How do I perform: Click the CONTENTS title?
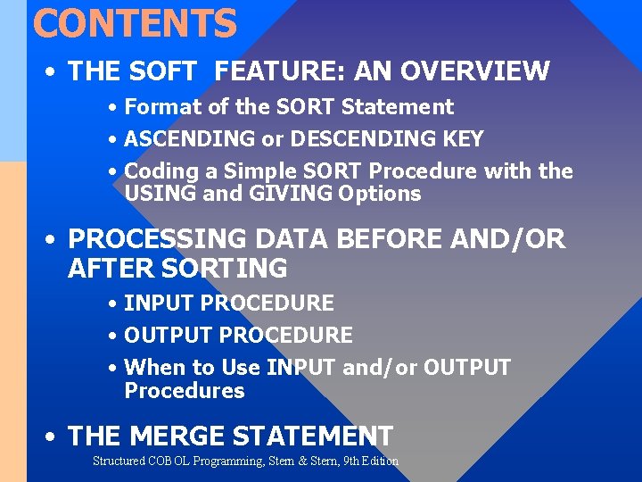point(135,23)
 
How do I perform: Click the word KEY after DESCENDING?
point(463,139)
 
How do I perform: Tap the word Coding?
point(160,171)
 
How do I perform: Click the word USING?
point(160,194)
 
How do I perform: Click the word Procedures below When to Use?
point(185,391)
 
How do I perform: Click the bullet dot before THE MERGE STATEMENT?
point(53,437)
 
